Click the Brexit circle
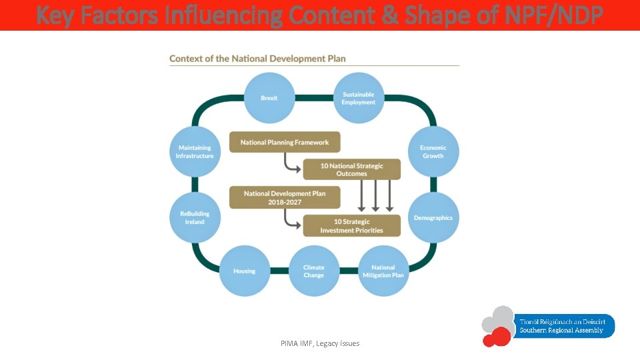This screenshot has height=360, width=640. point(269,98)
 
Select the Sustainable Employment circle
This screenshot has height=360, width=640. point(359,98)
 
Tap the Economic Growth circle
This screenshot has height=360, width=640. point(433,151)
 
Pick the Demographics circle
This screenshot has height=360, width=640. point(433,218)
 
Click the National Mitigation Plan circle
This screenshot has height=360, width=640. point(383,271)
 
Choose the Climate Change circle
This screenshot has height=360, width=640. point(313,271)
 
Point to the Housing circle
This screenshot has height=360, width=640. point(244,271)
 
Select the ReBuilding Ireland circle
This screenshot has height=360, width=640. point(195,218)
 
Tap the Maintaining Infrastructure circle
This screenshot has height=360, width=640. point(195,151)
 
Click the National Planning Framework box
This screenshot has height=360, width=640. point(285,142)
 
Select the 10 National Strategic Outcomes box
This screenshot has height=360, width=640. point(352,169)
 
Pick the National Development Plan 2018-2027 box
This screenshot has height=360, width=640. point(285,197)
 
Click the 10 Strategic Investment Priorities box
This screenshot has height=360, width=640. point(352,225)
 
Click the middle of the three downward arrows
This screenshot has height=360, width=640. point(375,197)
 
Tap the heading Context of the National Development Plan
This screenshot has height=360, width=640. point(257,59)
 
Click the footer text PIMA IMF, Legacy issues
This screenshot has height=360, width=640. point(320,343)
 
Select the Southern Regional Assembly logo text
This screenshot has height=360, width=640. point(561,326)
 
